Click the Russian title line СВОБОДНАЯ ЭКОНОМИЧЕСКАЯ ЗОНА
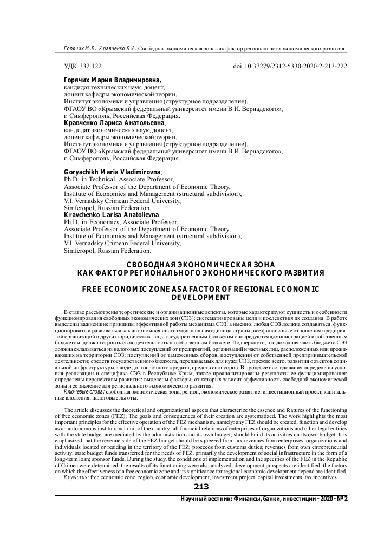200,264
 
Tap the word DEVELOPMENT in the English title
200,297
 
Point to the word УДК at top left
71,67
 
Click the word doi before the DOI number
236,67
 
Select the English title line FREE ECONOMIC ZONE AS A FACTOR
200,289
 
